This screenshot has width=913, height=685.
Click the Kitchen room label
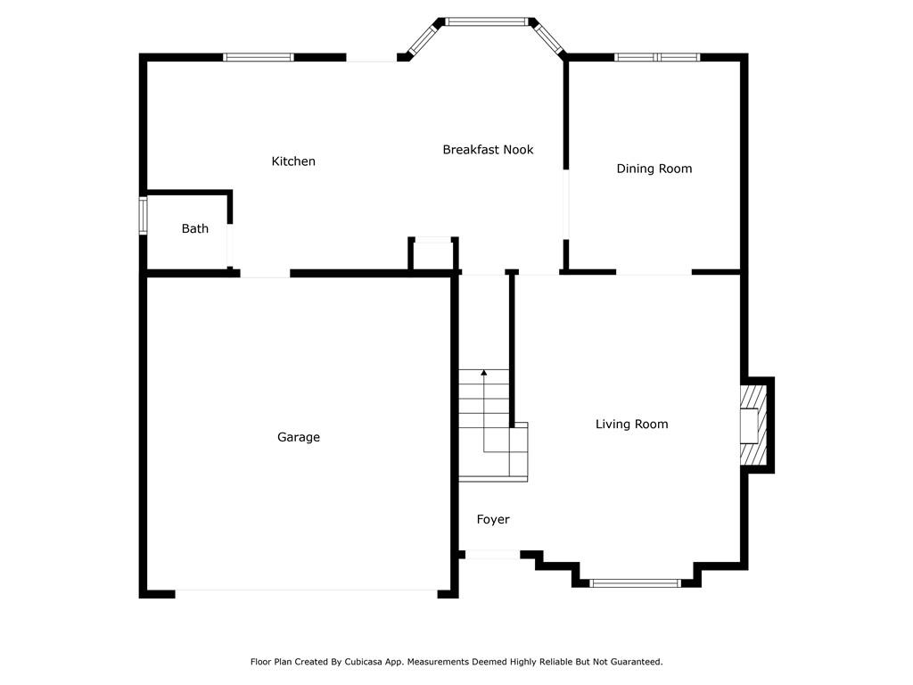coord(293,161)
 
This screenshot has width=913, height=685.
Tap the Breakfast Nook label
coord(488,150)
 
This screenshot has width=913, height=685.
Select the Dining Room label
coord(654,169)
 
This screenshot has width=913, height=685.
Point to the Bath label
coord(195,229)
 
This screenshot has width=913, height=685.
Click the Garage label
coord(299,437)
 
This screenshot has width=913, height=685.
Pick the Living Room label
coord(632,424)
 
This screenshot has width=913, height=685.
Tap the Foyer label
coord(493,520)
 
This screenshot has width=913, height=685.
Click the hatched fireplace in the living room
coord(754,425)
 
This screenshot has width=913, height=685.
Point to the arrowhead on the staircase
coord(484,372)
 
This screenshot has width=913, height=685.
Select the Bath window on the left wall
coord(143,216)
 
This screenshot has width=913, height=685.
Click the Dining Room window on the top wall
coord(657,57)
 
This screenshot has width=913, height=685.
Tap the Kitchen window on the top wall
coord(259,57)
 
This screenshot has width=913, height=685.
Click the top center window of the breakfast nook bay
coord(487,21)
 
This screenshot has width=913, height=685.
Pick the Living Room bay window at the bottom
coord(635,583)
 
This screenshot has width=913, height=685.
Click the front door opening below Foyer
coord(492,555)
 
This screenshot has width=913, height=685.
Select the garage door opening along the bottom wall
coord(307,593)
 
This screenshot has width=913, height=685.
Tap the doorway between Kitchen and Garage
coord(265,273)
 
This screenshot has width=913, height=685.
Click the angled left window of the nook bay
coord(424,38)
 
